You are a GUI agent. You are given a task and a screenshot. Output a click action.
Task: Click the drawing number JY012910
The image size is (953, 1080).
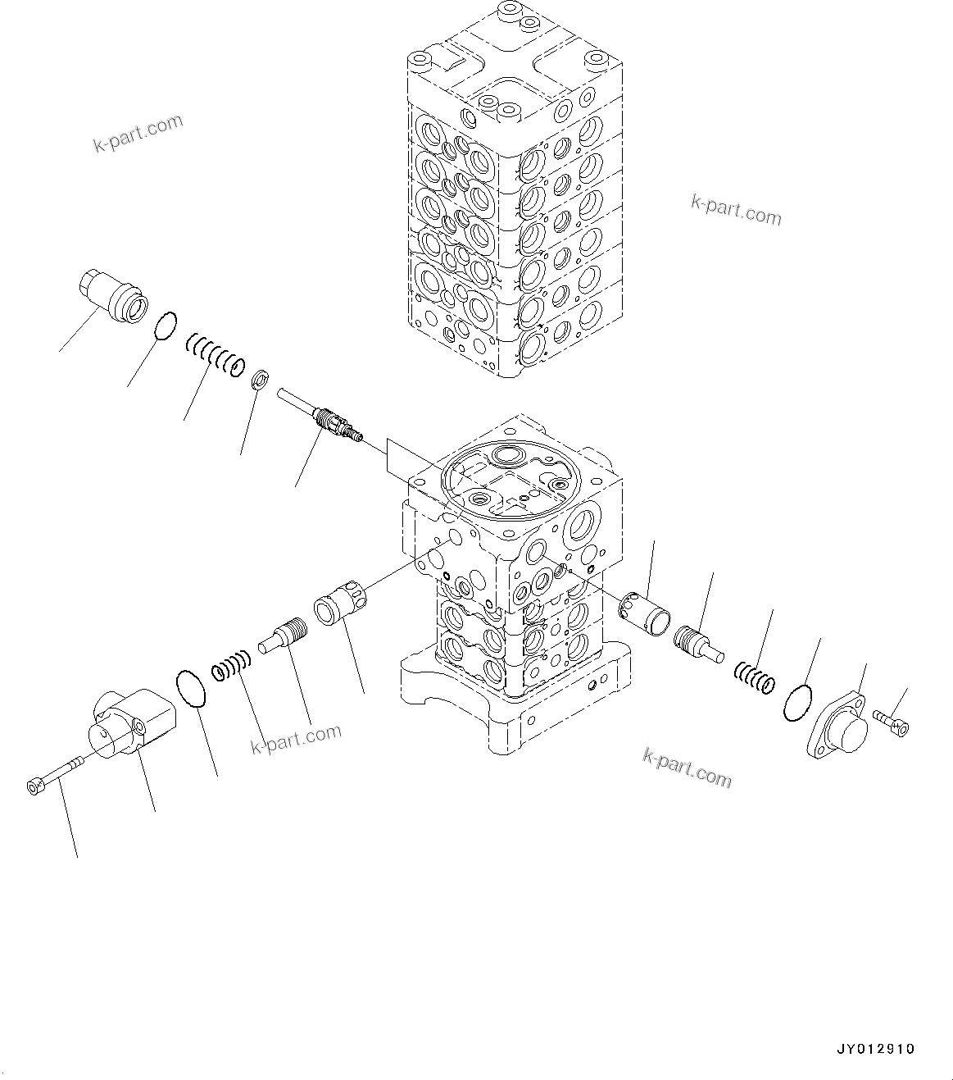click(875, 1049)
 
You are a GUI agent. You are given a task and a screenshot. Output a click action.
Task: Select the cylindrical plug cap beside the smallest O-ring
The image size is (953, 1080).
click(114, 296)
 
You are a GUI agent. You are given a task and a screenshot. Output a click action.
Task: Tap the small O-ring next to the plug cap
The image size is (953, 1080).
click(166, 324)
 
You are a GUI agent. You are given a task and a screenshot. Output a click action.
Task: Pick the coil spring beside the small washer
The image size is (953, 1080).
click(215, 354)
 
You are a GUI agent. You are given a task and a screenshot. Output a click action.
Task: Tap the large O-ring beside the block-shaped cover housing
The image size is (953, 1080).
click(193, 687)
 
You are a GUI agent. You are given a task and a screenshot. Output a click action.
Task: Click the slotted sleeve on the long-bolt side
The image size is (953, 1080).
click(338, 603)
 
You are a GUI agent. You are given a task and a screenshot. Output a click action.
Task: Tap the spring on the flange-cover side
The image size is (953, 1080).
click(755, 675)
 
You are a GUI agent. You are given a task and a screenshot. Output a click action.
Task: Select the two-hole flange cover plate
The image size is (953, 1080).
click(838, 726)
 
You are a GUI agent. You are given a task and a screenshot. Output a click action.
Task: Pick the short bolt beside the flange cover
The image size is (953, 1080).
click(892, 722)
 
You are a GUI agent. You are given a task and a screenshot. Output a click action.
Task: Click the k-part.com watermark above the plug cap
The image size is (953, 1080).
click(137, 134)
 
